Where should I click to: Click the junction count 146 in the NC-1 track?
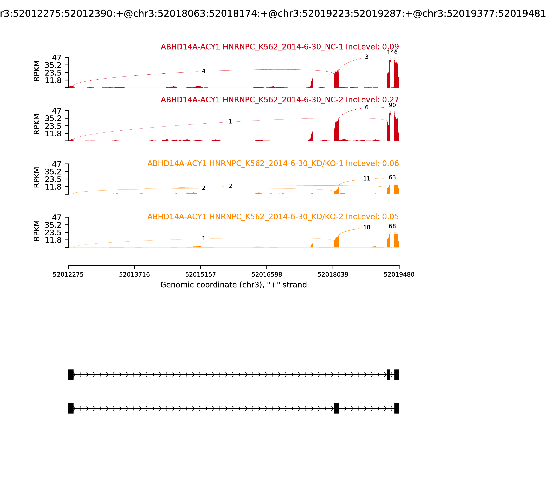[x=392, y=52]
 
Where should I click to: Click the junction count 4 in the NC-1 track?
[x=204, y=71]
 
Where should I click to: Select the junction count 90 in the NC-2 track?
[x=392, y=105]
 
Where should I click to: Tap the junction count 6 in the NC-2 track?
[x=367, y=108]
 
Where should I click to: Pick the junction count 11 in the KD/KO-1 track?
[x=367, y=179]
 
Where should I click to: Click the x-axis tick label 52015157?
[x=200, y=275]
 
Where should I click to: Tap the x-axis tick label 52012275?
[x=68, y=275]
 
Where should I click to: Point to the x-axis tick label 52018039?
[x=333, y=275]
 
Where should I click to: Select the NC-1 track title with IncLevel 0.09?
[x=280, y=47]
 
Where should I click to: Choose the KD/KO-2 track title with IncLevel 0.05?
[x=273, y=217]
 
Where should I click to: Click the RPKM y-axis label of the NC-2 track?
[x=37, y=124]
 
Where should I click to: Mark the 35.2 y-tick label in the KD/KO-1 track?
[x=53, y=172]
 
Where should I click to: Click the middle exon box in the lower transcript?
[x=336, y=408]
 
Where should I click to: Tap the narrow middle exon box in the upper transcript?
[x=389, y=375]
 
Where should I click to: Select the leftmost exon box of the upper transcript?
[x=71, y=375]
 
